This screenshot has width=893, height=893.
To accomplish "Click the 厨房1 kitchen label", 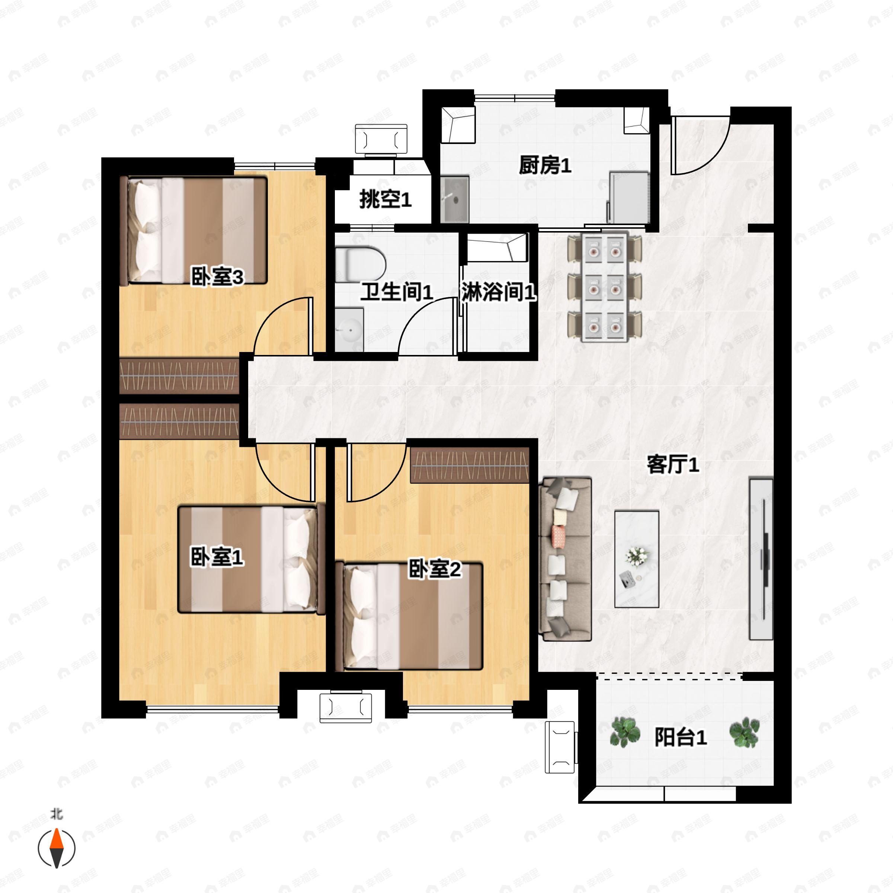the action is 545,165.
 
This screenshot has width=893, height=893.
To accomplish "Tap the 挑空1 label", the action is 385,200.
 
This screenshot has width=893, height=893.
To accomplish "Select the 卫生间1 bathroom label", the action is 397,292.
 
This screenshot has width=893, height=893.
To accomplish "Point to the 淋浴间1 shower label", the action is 499,292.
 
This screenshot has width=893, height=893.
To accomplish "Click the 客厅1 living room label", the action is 673,464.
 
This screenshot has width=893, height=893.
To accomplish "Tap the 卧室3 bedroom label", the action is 217,277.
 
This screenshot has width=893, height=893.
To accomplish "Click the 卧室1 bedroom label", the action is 217,557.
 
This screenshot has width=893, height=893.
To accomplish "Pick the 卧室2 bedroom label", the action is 435,569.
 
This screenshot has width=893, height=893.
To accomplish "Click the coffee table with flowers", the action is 637,559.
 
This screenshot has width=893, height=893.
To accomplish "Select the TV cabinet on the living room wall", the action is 761,559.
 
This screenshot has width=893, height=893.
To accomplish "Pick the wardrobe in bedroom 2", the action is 470,465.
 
